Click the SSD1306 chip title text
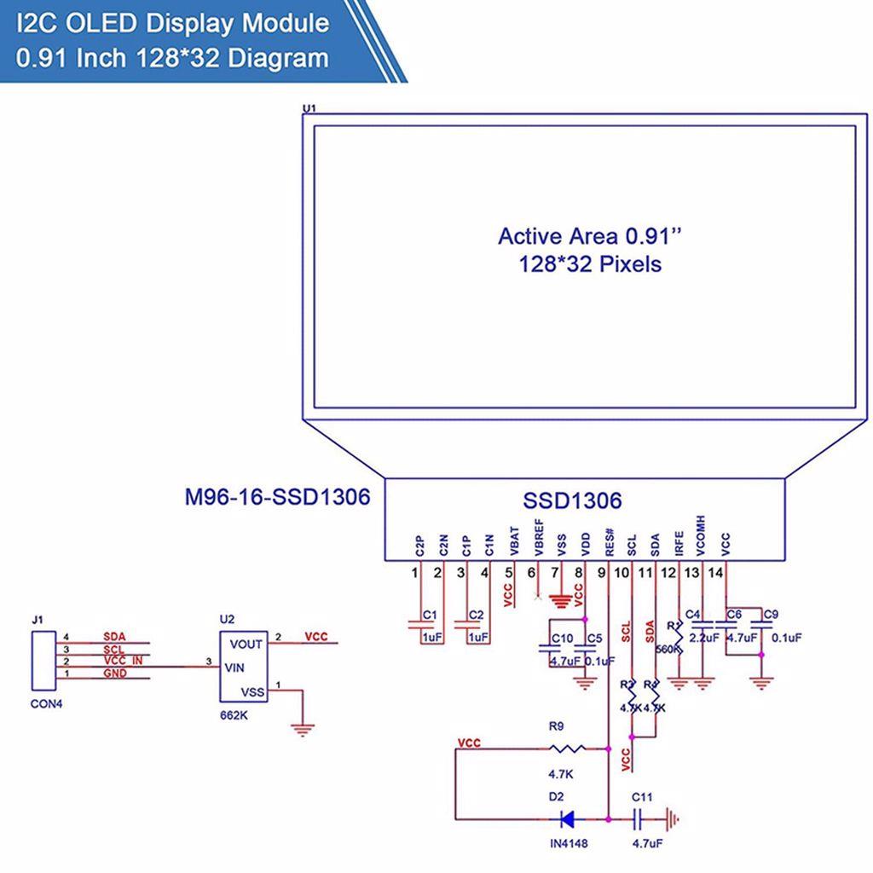pos(572,500)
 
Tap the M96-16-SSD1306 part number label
pos(278,496)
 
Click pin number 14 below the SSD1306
pos(716,573)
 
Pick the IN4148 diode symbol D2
pos(565,820)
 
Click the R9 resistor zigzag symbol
pos(566,749)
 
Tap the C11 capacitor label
pos(642,797)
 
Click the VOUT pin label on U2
pos(246,645)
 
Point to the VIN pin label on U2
pos(235,668)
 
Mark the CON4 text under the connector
pos(47,704)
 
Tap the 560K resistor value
pos(668,650)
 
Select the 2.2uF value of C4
pos(705,638)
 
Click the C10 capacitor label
pos(562,639)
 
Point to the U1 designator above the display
pos(309,108)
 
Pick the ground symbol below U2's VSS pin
pos(302,729)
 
